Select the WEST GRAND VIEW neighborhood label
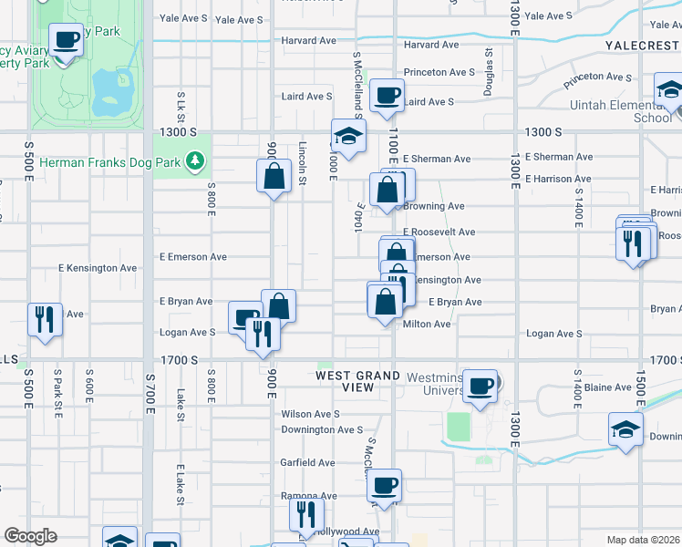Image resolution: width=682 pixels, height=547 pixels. (358, 381)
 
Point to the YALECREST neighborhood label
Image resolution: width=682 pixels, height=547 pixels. (642, 45)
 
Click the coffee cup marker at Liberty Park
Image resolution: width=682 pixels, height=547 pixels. (66, 41)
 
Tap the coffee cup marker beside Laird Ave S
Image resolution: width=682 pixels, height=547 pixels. (387, 95)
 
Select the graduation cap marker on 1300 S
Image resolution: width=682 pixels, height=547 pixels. (347, 137)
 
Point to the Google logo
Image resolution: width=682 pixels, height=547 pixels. (31, 536)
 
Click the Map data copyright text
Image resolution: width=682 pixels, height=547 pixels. (644, 539)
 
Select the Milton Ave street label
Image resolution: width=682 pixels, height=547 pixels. (428, 324)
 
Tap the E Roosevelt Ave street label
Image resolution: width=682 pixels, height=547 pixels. (439, 232)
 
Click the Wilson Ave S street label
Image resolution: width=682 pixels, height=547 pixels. (310, 413)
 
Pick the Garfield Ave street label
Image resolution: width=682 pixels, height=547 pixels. (307, 462)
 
